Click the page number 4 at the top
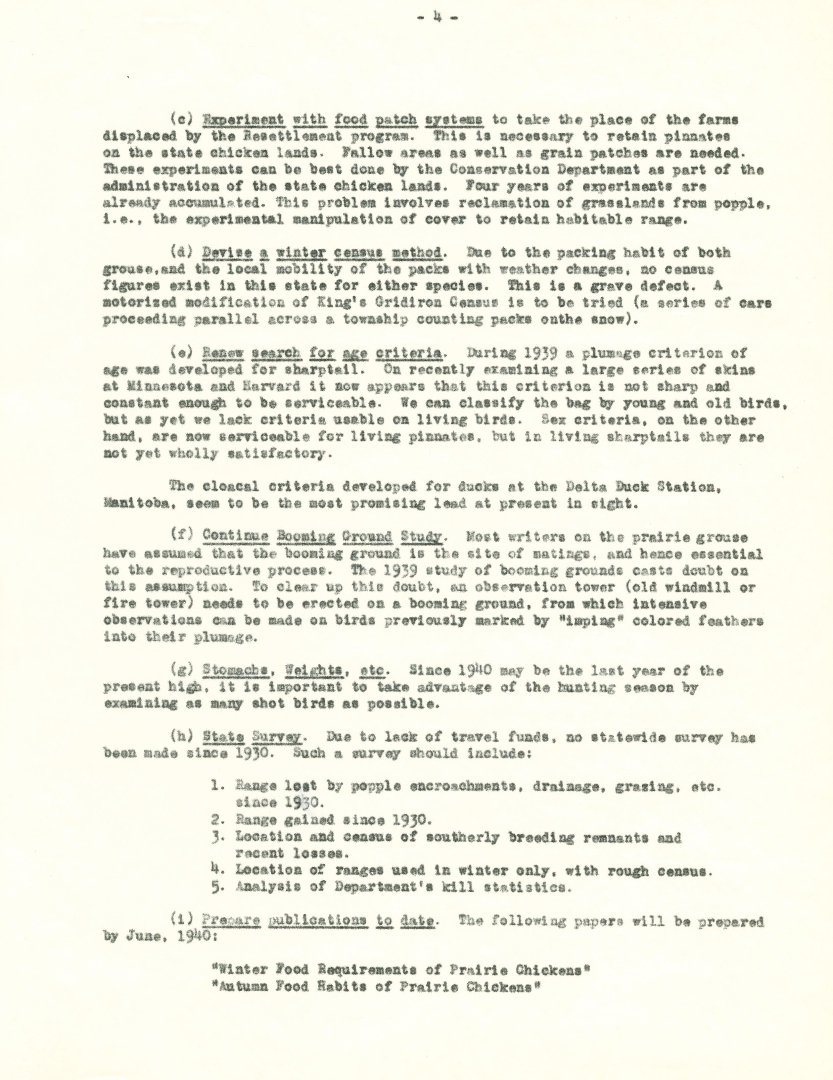[x=437, y=18]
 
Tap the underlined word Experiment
[x=244, y=119]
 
